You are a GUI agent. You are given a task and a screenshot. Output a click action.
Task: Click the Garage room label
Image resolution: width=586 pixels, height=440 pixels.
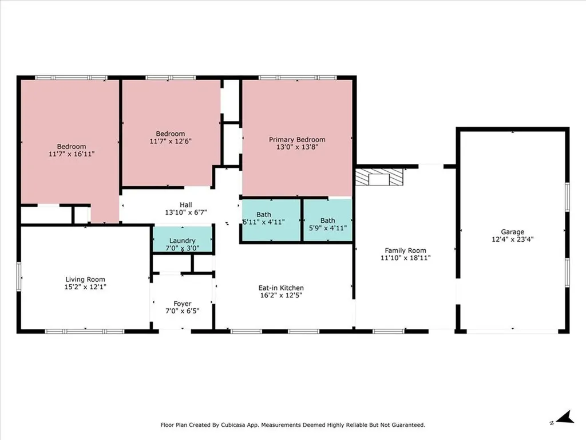(512, 232)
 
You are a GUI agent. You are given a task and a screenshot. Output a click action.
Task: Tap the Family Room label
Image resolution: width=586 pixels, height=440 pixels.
(406, 251)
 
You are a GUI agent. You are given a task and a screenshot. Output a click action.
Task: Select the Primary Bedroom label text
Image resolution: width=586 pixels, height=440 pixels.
(297, 140)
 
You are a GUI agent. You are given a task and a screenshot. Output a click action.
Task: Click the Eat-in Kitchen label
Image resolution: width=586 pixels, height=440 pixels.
(281, 288)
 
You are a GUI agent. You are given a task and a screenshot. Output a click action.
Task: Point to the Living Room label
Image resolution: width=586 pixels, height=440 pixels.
(85, 280)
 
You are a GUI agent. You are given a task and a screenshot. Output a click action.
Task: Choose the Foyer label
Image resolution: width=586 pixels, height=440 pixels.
(183, 304)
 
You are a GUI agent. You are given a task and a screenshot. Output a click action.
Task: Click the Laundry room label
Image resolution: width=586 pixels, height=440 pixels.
(183, 241)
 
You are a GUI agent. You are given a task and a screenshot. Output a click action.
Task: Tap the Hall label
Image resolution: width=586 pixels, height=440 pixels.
(186, 205)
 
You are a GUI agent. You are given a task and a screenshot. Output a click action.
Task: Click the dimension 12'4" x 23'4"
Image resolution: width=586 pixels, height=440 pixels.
(512, 239)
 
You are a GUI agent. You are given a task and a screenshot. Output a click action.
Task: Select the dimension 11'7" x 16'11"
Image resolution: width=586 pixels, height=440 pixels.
(72, 154)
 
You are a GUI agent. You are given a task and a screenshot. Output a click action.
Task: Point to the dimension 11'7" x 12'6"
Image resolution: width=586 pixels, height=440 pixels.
(171, 142)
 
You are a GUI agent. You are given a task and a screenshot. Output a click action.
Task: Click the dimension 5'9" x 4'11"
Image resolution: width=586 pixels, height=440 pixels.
(328, 228)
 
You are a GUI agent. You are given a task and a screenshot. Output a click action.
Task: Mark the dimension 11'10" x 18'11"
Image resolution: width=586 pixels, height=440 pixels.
(406, 258)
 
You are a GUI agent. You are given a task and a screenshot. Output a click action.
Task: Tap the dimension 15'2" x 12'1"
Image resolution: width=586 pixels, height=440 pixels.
(85, 287)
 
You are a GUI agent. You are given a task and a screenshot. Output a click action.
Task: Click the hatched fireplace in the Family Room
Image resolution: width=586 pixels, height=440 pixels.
(379, 176)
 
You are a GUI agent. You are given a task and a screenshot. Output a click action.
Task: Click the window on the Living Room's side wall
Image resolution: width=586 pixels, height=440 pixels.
(19, 276)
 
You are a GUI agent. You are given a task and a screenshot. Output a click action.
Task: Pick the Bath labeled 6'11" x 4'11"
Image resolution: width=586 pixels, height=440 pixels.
(264, 215)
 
